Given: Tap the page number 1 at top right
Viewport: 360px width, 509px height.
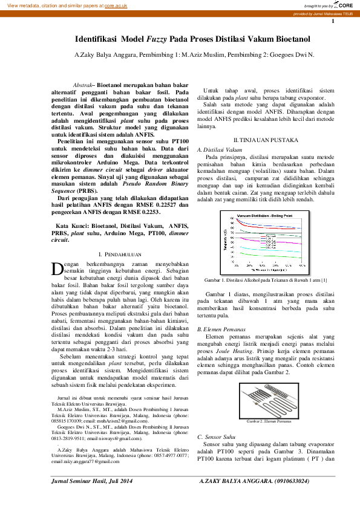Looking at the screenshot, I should [x=332, y=22].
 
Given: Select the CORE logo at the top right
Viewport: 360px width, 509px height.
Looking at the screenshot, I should [x=343, y=5].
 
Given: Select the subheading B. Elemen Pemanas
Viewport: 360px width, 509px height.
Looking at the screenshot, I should [x=220, y=328].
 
